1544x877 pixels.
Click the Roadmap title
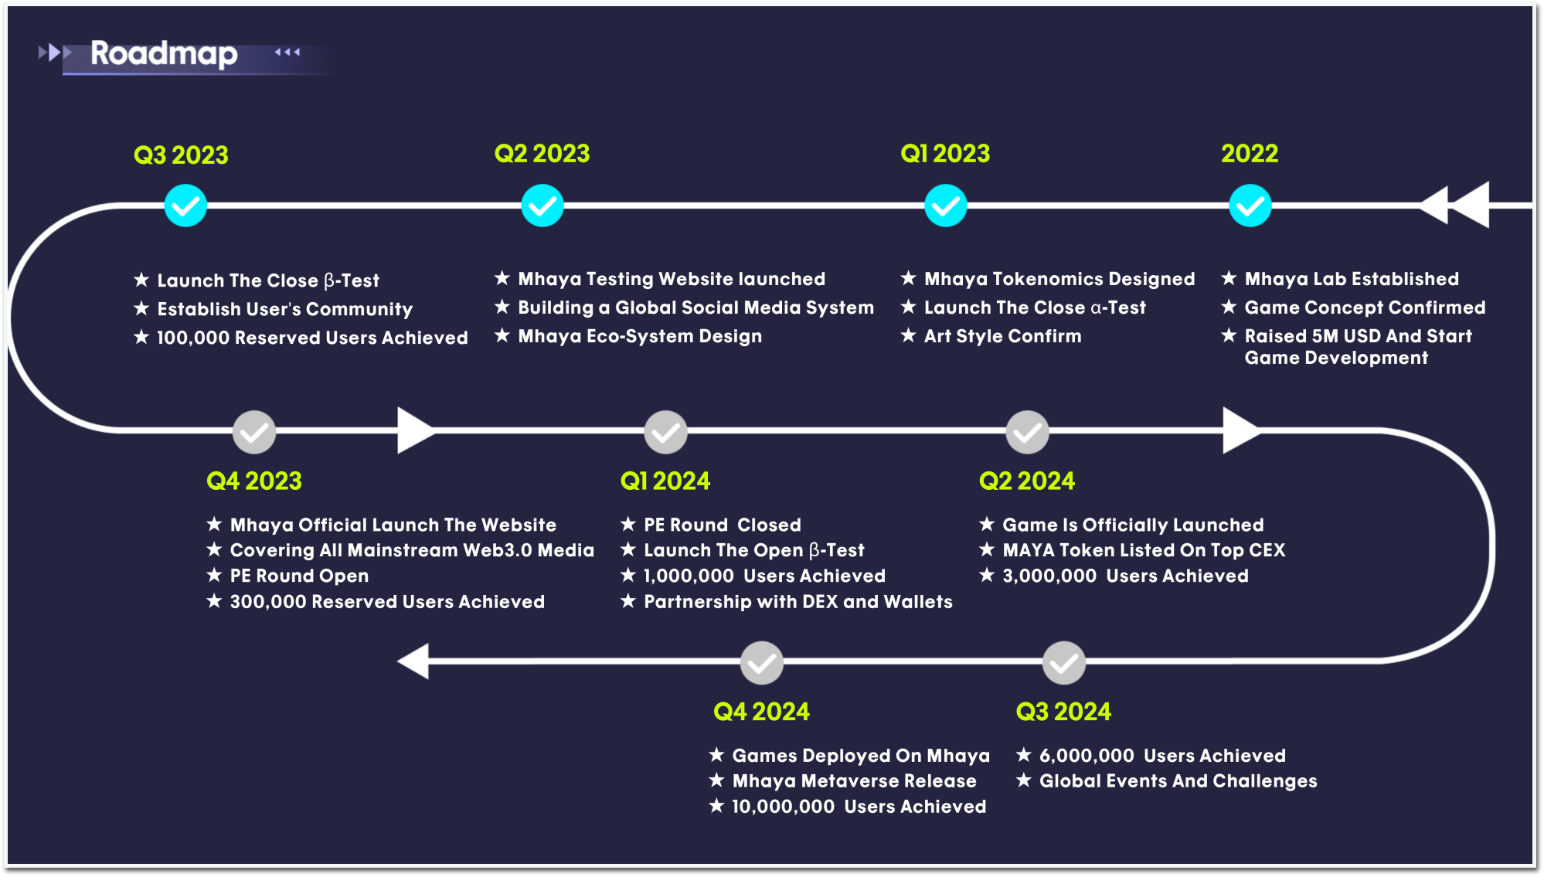tap(164, 53)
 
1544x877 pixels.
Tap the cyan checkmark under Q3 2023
tap(185, 206)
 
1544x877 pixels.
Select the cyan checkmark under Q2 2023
tap(542, 206)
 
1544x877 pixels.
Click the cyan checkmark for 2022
tap(1250, 206)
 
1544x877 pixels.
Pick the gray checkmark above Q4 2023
tap(254, 432)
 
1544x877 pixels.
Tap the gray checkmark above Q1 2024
tap(666, 432)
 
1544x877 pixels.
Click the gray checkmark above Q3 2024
tap(1064, 663)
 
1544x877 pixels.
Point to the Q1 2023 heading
tap(945, 154)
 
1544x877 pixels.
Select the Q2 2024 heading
tap(1027, 481)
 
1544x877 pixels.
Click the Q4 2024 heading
tap(761, 712)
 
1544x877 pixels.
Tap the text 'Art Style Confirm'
tap(1003, 336)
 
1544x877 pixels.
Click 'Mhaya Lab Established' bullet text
tap(1352, 279)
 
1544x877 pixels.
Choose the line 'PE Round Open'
tap(299, 576)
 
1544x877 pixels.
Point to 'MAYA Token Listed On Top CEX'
tap(1144, 550)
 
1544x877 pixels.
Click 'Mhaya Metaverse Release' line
tap(854, 781)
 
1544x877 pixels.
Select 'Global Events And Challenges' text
tap(1178, 781)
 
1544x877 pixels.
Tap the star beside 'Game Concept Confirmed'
tap(1229, 307)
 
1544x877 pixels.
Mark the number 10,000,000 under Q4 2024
tap(783, 807)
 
